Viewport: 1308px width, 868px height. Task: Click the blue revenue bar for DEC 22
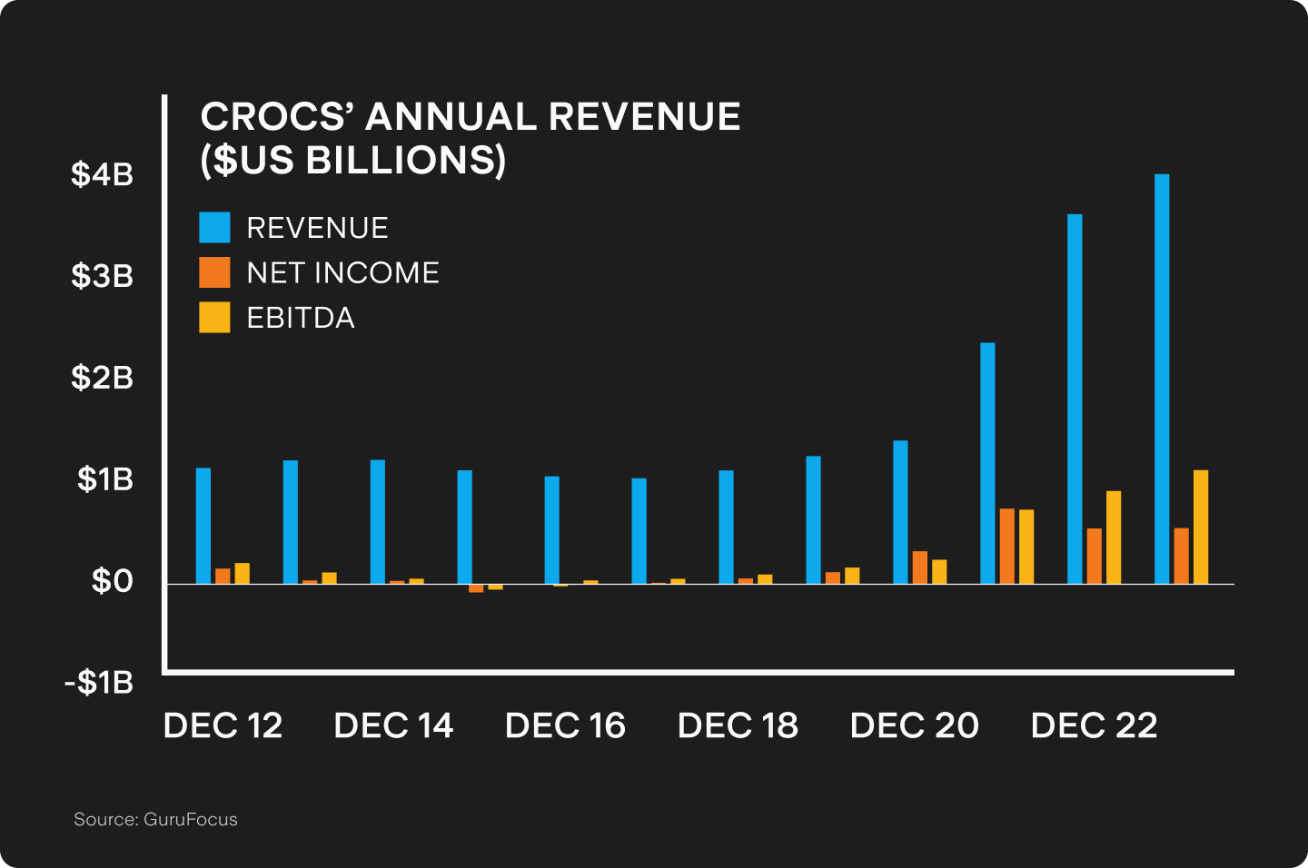coord(1075,399)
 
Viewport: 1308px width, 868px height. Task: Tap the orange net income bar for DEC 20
coord(920,567)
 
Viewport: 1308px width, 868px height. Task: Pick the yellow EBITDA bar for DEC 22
coord(1114,538)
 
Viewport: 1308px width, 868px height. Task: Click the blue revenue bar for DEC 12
coord(203,526)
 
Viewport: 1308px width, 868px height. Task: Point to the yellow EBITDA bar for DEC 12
coord(243,574)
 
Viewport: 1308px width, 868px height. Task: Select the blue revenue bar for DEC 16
coord(552,530)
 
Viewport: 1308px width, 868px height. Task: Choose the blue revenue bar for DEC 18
coord(727,527)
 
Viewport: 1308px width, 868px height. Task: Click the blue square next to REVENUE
coord(214,228)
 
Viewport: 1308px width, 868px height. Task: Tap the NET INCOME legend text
coord(342,273)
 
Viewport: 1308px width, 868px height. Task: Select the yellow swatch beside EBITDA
coord(214,318)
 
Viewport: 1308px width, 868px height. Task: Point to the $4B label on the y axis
coord(103,174)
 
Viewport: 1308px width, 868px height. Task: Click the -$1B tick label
coord(99,683)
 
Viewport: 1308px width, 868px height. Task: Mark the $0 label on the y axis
coord(112,581)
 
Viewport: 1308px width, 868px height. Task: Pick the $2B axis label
coord(103,378)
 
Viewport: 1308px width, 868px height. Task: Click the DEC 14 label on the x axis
coord(393,726)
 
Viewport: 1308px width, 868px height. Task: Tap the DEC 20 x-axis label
coord(914,726)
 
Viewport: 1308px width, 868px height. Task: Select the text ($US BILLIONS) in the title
coord(352,161)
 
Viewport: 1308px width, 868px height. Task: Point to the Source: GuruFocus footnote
coord(155,820)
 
